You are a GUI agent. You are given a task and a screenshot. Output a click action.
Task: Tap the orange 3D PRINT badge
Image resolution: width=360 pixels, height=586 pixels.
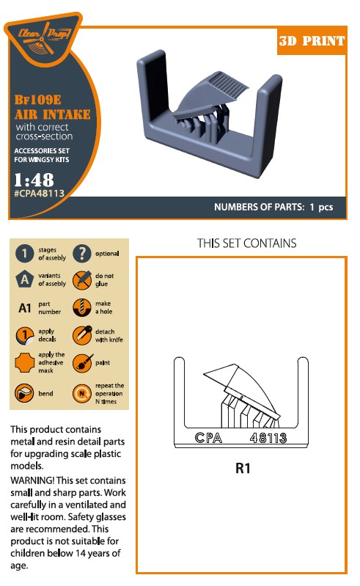(x=312, y=41)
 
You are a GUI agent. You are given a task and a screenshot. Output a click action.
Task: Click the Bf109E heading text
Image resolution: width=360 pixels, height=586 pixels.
(x=37, y=100)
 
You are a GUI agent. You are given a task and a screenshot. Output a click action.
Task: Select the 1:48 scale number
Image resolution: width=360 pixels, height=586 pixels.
(x=34, y=180)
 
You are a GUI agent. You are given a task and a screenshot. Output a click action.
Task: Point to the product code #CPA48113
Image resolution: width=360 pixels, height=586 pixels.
(x=39, y=193)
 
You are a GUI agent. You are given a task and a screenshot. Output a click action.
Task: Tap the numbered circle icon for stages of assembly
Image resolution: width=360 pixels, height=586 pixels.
(x=25, y=253)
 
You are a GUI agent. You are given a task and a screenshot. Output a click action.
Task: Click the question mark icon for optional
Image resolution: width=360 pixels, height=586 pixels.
(x=82, y=253)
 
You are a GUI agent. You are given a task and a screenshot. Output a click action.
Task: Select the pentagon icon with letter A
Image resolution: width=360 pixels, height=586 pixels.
(x=25, y=279)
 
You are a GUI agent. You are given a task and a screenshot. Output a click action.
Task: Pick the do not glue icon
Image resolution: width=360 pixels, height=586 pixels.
(x=82, y=280)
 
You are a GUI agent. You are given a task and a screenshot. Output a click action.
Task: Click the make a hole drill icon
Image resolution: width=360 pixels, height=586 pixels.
(x=82, y=307)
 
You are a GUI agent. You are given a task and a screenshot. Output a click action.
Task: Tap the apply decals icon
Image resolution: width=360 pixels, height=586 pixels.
(x=25, y=335)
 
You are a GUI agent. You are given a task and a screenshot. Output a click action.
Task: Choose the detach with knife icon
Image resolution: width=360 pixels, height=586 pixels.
(x=82, y=335)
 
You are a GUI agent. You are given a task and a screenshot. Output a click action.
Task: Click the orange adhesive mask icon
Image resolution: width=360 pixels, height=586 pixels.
(x=25, y=362)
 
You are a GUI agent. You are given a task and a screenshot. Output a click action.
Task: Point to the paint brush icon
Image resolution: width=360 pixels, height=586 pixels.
(x=83, y=362)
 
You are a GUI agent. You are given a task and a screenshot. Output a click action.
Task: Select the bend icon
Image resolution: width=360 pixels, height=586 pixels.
(x=24, y=393)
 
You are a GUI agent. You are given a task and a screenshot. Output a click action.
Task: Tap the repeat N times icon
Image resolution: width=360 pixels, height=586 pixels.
(x=82, y=393)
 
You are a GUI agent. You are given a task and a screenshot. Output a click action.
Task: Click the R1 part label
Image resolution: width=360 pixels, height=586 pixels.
(x=243, y=468)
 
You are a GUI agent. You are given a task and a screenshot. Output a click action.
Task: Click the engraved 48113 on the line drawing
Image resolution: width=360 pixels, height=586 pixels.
(x=268, y=438)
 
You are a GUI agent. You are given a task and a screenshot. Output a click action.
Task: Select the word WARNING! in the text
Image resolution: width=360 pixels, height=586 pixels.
(x=32, y=480)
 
